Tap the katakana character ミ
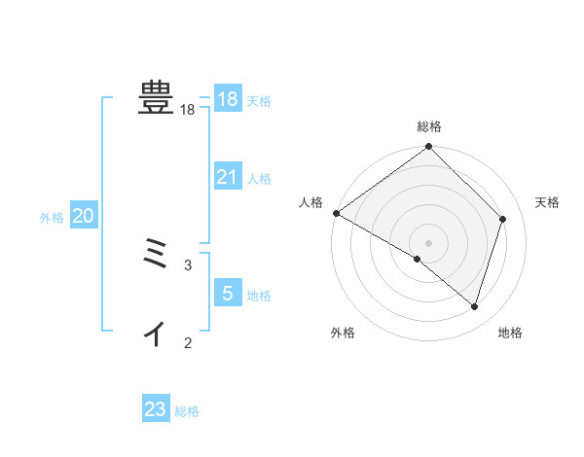point(156,254)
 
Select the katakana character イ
point(155,334)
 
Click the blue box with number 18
point(228,99)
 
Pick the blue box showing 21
point(228,177)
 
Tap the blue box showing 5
point(228,293)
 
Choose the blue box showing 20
point(84,217)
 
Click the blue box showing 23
point(156,409)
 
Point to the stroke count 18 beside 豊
point(188,111)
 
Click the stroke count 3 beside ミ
point(188,264)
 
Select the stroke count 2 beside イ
point(188,342)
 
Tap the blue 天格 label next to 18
point(259,101)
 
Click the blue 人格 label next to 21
point(259,179)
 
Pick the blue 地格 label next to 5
point(259,296)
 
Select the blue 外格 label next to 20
point(52,219)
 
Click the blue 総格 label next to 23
point(187,412)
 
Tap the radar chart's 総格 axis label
point(429,126)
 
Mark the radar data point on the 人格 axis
point(336,213)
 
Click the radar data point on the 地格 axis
point(475,307)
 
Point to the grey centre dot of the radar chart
point(429,243)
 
